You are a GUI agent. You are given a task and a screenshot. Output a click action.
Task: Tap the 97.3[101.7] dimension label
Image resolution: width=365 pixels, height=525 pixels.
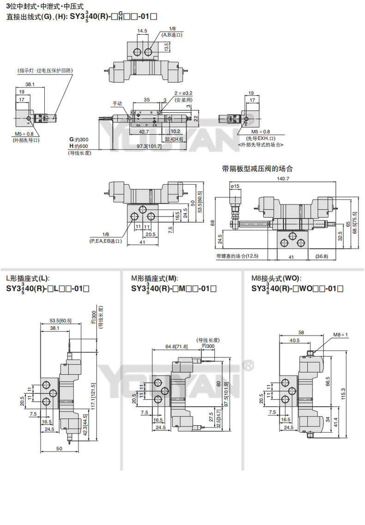149,146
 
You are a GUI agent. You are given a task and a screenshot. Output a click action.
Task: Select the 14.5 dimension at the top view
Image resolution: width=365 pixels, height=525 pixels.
142,31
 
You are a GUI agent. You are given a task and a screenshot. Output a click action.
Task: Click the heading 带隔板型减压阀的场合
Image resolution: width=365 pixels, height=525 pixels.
257,169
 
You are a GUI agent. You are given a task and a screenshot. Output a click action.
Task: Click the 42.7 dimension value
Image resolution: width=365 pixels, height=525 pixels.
144,132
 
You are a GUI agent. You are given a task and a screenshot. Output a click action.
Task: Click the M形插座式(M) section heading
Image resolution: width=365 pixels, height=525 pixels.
154,278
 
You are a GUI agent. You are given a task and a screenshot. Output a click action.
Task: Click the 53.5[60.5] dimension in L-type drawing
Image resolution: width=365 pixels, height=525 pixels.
60,321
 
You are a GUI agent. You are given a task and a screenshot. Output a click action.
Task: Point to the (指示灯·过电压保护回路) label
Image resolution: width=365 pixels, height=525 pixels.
45,70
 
